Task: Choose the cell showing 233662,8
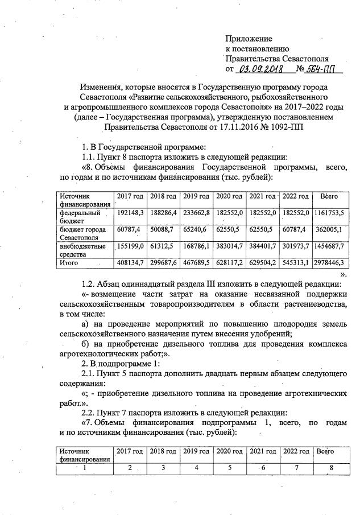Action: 197,212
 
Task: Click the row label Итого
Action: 69,263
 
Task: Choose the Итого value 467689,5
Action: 197,263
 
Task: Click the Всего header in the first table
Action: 329,196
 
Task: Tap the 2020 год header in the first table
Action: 230,196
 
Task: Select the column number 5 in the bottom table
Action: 230,468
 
